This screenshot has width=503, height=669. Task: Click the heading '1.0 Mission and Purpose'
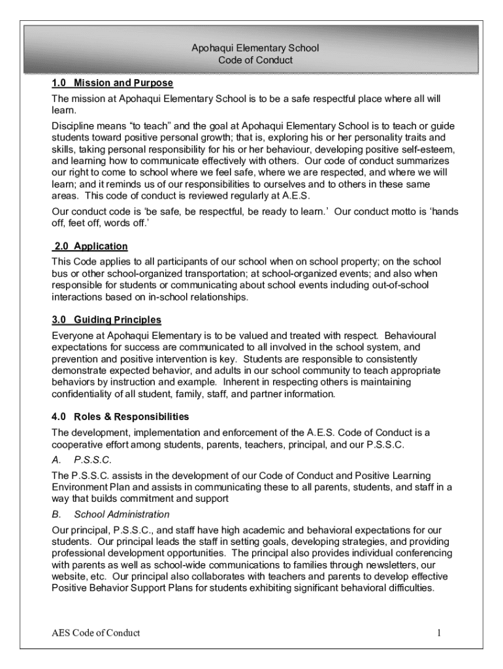click(x=112, y=84)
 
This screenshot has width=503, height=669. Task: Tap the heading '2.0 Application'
click(x=90, y=246)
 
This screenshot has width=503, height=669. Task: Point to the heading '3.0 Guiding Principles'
click(x=106, y=320)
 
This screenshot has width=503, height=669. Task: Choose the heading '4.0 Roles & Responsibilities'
click(x=120, y=417)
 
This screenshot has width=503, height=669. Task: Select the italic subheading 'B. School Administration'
click(x=110, y=515)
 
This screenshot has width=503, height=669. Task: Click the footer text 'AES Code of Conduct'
click(x=96, y=632)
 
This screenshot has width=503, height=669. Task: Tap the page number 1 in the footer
click(x=440, y=632)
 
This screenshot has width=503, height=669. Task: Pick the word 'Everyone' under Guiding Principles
click(x=72, y=336)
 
